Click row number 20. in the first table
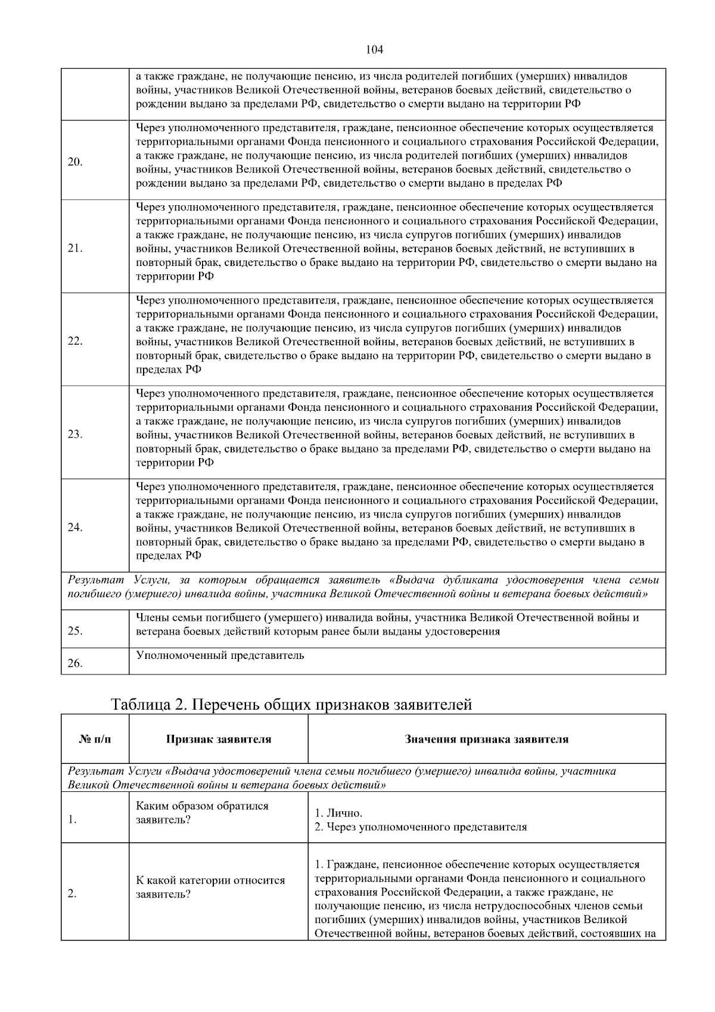75,162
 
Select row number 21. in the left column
75,249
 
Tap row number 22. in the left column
75,342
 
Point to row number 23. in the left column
75,434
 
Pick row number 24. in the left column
75,528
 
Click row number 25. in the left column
75,632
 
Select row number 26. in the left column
75,663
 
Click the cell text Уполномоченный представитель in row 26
220,656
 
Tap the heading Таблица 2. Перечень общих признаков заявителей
291,704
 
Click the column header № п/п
95,739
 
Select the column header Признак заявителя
218,739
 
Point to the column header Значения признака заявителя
486,739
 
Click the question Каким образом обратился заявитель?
202,813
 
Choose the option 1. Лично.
338,813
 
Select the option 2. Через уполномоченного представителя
421,827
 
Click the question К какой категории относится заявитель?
210,887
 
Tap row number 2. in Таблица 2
72,893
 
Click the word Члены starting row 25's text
151,618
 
